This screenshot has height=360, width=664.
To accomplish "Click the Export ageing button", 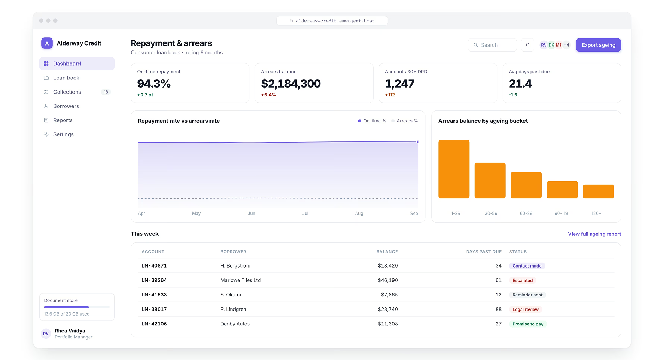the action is (598, 45).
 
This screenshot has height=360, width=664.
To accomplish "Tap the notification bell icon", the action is (527, 45).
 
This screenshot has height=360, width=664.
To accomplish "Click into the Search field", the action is (492, 45).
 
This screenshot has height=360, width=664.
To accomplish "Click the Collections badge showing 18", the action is (106, 92).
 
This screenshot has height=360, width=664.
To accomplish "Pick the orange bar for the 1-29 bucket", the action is (454, 169).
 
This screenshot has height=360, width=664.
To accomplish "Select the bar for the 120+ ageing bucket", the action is (598, 191).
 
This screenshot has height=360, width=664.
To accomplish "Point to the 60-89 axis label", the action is (526, 214).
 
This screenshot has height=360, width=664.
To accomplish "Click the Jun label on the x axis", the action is (251, 214).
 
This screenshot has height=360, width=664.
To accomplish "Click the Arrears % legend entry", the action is (405, 121).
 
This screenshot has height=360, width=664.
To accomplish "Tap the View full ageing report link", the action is (594, 234).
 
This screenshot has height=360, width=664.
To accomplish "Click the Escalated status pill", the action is (522, 281).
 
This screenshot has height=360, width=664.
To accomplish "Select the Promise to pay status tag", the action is (528, 324).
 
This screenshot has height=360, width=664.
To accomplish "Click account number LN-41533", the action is (154, 295).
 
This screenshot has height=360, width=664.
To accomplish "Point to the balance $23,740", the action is (388, 309).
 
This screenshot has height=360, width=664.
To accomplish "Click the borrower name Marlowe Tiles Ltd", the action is (241, 280).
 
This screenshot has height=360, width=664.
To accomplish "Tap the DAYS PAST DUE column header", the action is (484, 252).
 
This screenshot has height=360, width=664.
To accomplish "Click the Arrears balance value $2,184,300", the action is (291, 84).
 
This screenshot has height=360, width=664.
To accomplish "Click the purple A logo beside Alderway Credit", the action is (47, 43).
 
